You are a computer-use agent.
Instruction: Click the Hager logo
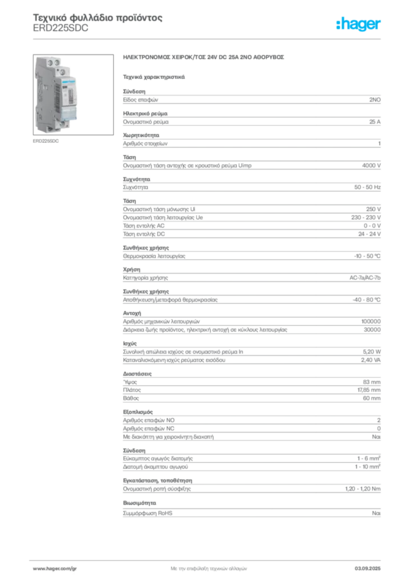click(358, 24)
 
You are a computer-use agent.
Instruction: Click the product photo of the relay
click(73, 95)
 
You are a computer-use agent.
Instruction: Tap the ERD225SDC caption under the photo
click(46, 141)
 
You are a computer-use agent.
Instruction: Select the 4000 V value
click(371, 165)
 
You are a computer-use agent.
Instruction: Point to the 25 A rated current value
click(375, 122)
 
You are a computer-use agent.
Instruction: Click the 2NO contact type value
click(375, 100)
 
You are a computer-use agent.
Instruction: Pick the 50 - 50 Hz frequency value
click(367, 187)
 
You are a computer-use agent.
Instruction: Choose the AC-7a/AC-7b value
click(365, 278)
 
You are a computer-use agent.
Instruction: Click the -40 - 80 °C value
click(366, 300)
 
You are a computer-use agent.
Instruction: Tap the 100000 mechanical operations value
click(371, 322)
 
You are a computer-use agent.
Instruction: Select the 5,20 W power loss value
click(371, 352)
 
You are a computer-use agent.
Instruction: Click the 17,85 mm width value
click(369, 390)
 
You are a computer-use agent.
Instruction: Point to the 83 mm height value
click(371, 382)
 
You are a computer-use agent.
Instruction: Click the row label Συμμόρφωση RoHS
click(147, 513)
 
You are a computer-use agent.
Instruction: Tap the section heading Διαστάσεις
click(137, 374)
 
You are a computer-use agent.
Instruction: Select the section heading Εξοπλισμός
click(138, 412)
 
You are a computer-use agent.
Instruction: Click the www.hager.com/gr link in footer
click(55, 569)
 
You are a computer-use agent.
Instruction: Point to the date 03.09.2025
click(368, 569)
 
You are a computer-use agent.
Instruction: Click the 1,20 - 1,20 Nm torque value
click(362, 489)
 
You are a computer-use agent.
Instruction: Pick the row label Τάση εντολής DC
click(144, 234)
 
